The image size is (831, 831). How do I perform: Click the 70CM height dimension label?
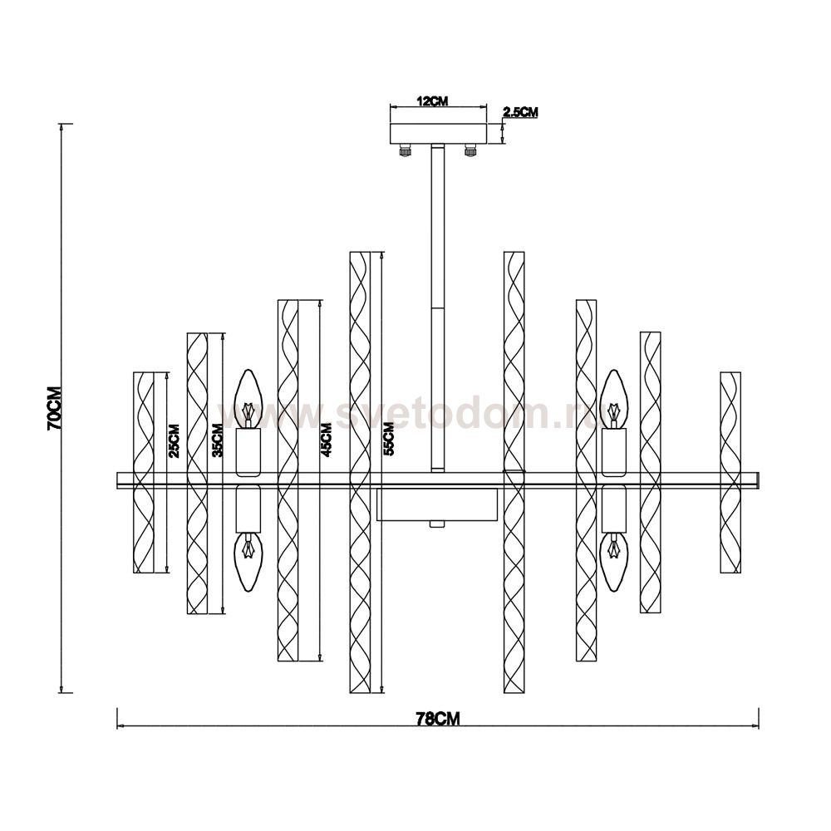click(x=55, y=408)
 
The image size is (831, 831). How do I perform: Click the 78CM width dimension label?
click(x=438, y=719)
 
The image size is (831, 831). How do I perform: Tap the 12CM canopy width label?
click(x=432, y=101)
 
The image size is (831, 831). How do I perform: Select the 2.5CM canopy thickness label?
click(x=520, y=112)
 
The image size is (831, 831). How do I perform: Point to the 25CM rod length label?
click(x=175, y=441)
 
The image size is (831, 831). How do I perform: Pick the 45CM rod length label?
click(x=326, y=440)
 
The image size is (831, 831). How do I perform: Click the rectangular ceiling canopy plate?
click(x=438, y=133)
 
